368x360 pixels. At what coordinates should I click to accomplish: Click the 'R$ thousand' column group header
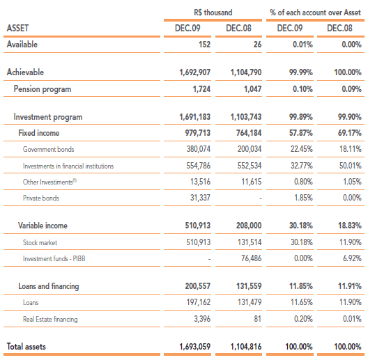coord(213,13)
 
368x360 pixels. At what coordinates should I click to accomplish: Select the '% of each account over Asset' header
coord(315,13)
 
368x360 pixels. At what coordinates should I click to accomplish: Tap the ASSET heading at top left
coord(17,28)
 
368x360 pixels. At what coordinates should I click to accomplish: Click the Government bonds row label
coord(48,149)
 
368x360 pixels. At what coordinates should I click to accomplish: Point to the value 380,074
coord(199,149)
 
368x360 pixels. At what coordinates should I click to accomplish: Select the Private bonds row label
coord(41,198)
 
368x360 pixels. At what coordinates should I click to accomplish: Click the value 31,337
coord(200,198)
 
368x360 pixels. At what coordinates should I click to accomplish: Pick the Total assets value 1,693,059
coord(194,347)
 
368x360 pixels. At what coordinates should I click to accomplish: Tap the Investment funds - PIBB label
coord(54,258)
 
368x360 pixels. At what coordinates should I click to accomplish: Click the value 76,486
coord(252,258)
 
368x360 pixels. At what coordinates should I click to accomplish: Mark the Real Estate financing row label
coord(50,319)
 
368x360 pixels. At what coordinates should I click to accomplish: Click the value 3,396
coord(202,319)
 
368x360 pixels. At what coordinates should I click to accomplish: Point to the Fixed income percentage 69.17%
coord(350,133)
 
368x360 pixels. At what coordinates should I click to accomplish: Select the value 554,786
coord(199,166)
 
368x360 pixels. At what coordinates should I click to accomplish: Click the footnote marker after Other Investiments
coord(75,180)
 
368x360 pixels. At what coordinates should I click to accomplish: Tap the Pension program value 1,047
coord(253,89)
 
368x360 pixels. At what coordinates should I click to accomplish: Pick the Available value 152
coord(204,45)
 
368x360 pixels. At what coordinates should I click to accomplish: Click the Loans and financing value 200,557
coord(198,286)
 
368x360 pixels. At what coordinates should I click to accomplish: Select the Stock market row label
coord(40,242)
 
